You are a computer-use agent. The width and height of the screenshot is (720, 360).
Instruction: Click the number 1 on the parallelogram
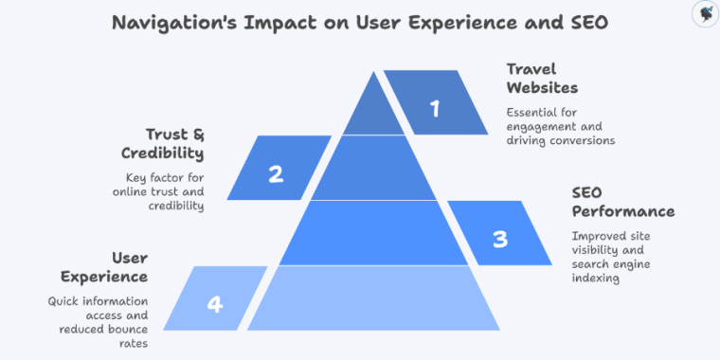435,109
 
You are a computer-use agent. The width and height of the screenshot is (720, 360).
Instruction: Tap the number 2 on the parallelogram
276,174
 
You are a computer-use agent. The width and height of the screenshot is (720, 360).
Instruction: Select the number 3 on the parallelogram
499,239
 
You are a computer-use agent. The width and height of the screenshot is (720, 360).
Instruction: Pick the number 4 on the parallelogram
215,304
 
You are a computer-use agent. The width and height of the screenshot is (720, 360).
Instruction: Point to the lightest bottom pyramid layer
373,298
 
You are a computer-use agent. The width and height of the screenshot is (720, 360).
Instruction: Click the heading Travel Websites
542,79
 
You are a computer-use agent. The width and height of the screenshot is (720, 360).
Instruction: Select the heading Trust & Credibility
162,144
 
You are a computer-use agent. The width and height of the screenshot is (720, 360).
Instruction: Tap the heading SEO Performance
622,202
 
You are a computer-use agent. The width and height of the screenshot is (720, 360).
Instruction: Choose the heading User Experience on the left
104,267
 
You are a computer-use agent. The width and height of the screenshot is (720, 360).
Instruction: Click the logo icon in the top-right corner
704,13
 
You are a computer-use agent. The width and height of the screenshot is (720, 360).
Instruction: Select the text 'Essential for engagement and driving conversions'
560,126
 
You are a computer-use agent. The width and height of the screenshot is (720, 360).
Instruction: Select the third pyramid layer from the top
373,232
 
